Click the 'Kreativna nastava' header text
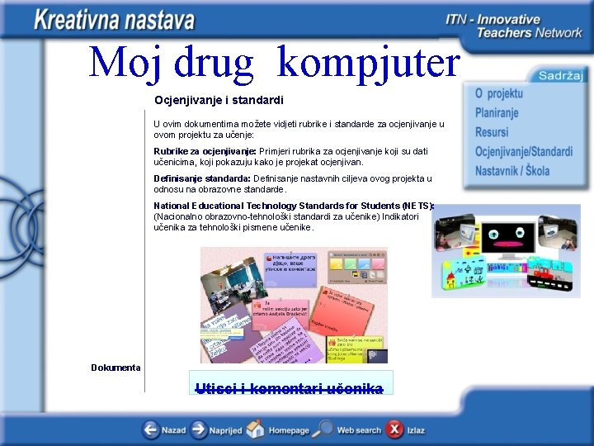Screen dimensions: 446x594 click(115, 20)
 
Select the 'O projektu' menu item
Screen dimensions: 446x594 click(498, 93)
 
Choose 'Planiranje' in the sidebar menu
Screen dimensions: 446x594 click(497, 112)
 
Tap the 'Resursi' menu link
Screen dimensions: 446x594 click(492, 132)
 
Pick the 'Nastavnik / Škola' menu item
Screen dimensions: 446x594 click(511, 171)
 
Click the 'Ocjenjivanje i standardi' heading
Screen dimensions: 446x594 click(219, 100)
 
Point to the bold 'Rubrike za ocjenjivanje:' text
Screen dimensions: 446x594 click(205, 151)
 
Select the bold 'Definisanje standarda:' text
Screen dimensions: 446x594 click(202, 178)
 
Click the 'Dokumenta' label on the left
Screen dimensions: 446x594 click(115, 368)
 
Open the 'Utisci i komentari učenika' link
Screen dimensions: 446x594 click(290, 388)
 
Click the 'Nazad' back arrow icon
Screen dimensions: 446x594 click(151, 429)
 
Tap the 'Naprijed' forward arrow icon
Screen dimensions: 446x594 click(199, 429)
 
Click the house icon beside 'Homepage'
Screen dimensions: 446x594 click(256, 429)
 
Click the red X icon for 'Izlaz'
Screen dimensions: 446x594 click(395, 429)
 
